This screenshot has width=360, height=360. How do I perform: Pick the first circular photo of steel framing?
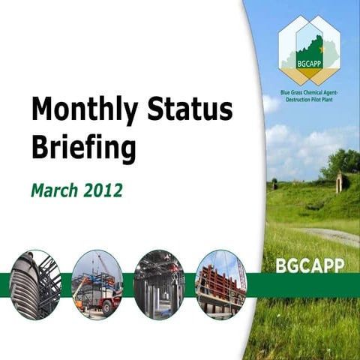(x=36, y=284)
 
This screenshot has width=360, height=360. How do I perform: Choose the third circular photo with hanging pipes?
(x=159, y=284)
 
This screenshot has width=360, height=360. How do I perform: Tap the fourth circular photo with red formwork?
(x=220, y=284)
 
